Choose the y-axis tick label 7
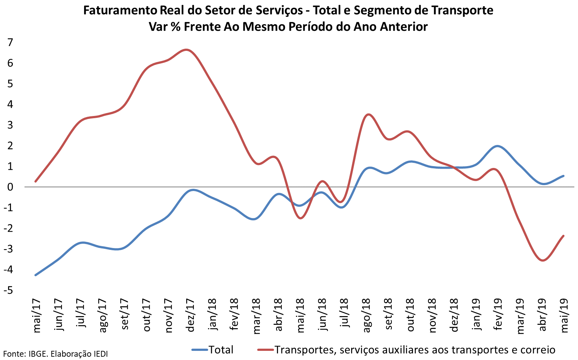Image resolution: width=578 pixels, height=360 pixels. click(10, 42)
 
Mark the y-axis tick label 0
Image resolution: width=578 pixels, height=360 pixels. click(10, 187)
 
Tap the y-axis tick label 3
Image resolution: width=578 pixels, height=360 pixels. click(10, 125)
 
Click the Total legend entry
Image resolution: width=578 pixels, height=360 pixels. click(221, 350)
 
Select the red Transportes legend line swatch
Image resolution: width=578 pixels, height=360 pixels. click(265, 350)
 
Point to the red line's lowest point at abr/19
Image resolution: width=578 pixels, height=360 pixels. click(543, 260)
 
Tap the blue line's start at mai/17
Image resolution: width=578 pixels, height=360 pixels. click(35, 275)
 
